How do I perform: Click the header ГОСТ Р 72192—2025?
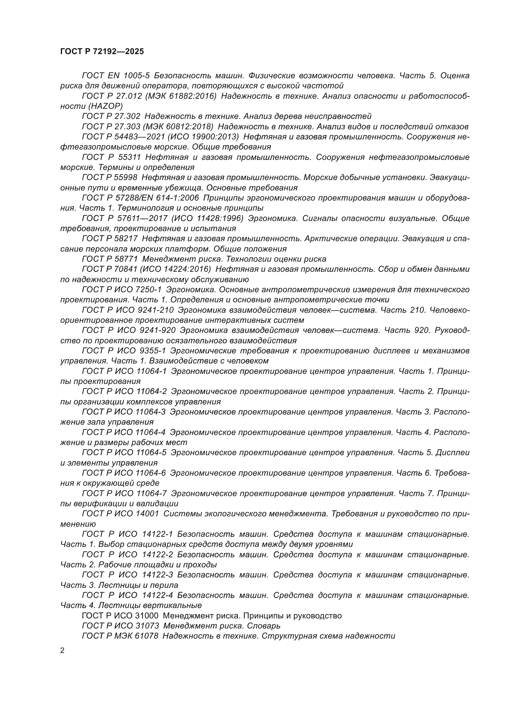102,52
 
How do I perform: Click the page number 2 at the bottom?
62,651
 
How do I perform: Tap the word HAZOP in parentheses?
106,106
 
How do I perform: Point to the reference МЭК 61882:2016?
181,96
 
